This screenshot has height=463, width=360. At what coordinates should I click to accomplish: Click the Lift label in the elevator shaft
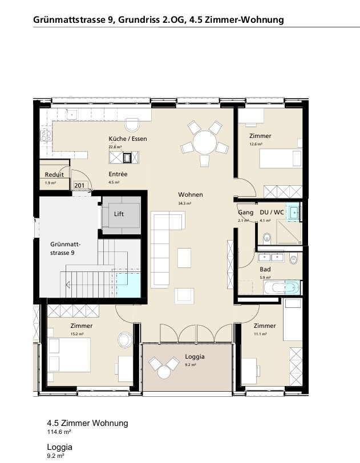click(119, 214)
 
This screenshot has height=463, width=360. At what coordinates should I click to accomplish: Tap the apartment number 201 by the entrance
click(79, 185)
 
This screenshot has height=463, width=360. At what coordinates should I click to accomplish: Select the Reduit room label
click(54, 174)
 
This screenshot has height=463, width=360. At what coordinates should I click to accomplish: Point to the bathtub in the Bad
click(281, 287)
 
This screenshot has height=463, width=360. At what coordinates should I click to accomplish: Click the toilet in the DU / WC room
click(266, 238)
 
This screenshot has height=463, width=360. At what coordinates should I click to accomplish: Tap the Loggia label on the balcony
click(195, 356)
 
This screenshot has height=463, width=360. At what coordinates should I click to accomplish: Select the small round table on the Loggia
click(164, 372)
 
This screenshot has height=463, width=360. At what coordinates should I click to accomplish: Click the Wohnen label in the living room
click(191, 194)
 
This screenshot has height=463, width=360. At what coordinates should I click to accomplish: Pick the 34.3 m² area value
click(184, 204)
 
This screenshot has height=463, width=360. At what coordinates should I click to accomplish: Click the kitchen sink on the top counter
click(71, 114)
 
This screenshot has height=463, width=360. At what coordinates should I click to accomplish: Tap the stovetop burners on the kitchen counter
click(46, 136)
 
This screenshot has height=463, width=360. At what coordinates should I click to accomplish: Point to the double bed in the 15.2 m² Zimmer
click(69, 355)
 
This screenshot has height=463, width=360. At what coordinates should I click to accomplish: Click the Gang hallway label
click(246, 212)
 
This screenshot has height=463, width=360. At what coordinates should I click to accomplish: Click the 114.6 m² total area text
click(59, 432)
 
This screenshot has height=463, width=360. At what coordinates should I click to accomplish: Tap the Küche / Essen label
click(128, 139)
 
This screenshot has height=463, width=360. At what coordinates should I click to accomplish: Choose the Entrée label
click(118, 174)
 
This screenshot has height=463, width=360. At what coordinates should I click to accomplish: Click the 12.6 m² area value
click(256, 144)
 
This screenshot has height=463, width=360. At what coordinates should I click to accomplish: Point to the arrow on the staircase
click(68, 285)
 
